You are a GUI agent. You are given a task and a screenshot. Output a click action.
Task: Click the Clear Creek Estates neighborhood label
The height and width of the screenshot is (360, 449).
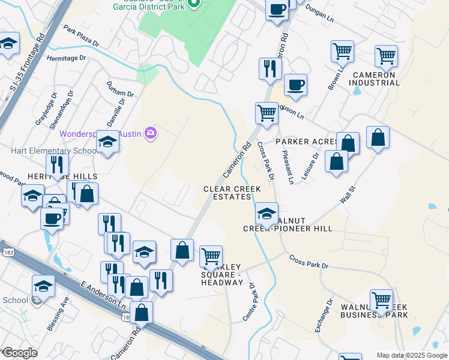pyautogui.click(x=232, y=193)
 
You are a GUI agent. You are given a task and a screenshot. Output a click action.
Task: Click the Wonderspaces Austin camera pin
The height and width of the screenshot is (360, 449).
pyautogui.click(x=151, y=132)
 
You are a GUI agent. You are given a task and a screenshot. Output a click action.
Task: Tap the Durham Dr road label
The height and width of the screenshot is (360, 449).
pyautogui.click(x=120, y=89)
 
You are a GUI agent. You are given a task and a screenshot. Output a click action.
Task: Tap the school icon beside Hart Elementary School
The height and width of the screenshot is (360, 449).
pyautogui.click(x=107, y=143)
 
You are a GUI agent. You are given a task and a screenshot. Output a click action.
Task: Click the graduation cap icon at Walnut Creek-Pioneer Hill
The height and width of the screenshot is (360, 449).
pyautogui.click(x=267, y=213)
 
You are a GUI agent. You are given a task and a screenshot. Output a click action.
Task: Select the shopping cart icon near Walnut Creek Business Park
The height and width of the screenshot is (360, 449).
pyautogui.click(x=381, y=301)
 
